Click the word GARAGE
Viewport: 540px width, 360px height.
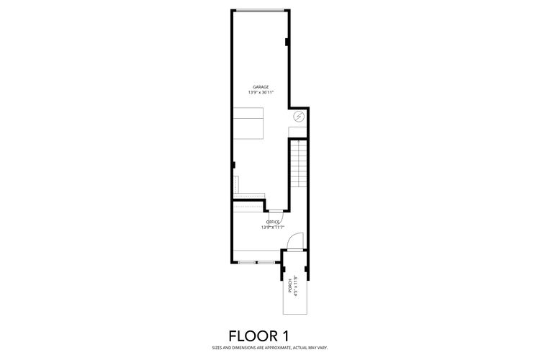click(x=260, y=86)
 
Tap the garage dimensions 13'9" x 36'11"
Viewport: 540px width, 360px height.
click(x=260, y=92)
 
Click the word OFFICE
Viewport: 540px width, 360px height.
click(x=274, y=222)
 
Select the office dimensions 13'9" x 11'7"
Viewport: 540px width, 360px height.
click(x=274, y=228)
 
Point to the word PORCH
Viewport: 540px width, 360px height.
click(x=289, y=285)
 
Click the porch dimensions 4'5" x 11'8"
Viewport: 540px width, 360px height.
click(x=295, y=285)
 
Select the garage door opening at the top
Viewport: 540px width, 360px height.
click(x=260, y=10)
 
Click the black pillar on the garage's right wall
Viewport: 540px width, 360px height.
click(x=288, y=43)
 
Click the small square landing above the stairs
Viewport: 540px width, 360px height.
click(x=298, y=132)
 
